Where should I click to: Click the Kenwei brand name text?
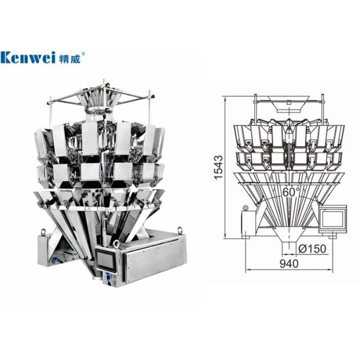click(28, 58)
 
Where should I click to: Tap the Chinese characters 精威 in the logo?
click(70, 59)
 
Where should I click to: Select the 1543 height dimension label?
click(218, 167)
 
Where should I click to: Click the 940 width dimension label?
click(289, 263)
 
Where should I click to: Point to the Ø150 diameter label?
click(312, 248)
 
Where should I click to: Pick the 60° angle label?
click(291, 192)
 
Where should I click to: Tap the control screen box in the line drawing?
click(333, 218)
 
